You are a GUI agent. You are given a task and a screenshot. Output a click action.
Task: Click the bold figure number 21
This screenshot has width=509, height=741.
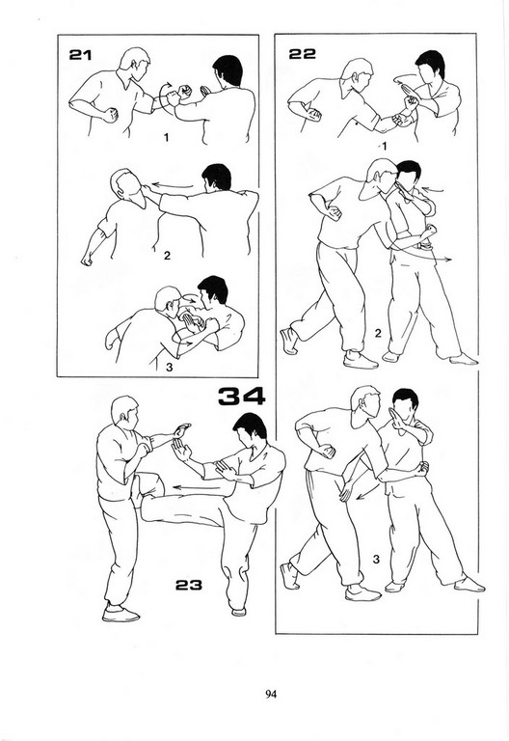tap(80, 55)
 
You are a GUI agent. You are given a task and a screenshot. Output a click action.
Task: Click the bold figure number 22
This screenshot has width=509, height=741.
tap(302, 53)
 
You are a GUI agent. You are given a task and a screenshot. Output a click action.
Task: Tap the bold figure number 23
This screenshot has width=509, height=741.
tap(189, 585)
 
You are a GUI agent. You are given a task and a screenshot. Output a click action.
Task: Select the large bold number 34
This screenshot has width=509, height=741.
tap(242, 397)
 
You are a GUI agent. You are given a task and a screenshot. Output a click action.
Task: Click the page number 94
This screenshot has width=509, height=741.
tap(271, 694)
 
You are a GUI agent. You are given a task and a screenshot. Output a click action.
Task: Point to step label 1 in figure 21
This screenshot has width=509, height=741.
tap(166, 138)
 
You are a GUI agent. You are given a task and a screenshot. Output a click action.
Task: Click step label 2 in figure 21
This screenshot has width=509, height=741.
tap(167, 256)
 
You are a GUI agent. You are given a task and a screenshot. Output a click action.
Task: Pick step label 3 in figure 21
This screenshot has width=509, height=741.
tap(169, 368)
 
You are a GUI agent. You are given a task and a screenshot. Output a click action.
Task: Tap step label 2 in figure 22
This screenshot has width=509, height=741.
tap(378, 333)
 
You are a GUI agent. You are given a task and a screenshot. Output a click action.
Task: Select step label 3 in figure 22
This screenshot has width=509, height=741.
tap(376, 559)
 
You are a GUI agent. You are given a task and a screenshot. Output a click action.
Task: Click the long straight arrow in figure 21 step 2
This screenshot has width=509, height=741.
tap(173, 185)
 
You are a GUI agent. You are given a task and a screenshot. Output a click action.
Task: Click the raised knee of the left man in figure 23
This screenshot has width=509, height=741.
tap(150, 483)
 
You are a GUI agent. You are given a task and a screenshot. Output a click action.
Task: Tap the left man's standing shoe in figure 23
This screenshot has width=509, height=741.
tap(121, 613)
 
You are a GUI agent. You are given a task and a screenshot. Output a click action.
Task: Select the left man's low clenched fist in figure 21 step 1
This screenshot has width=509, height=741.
tap(111, 115)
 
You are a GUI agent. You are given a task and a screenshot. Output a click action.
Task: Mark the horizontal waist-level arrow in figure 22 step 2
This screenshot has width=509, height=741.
tap(420, 256)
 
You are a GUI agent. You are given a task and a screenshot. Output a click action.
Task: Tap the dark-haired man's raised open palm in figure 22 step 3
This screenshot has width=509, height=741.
tap(394, 417)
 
